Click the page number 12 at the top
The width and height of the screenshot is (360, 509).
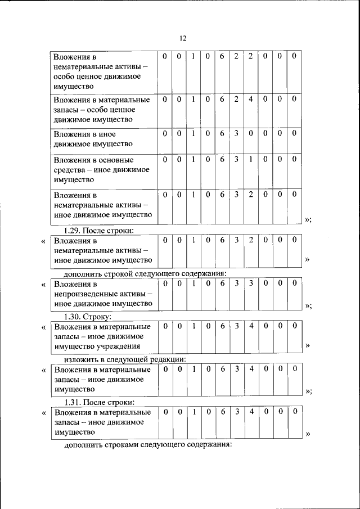[x=183, y=38]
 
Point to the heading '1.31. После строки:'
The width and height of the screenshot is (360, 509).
[x=98, y=402]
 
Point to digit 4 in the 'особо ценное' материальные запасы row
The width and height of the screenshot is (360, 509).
[x=251, y=100]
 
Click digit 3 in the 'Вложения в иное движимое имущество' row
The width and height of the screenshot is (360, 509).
[x=237, y=133]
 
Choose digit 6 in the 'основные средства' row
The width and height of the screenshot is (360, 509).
[x=222, y=160]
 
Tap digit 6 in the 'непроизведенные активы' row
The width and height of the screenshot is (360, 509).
[x=222, y=283]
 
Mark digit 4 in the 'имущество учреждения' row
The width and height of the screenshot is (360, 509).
[x=251, y=326]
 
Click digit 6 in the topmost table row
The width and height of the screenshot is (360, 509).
[x=222, y=56]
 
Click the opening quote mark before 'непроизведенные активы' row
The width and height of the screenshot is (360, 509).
[x=44, y=285]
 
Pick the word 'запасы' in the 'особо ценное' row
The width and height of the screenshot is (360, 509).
[x=66, y=110]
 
